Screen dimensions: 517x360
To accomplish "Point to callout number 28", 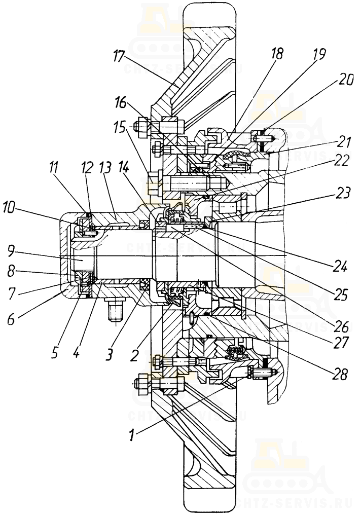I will (x=341, y=375).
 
